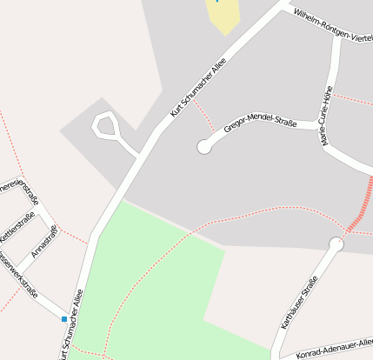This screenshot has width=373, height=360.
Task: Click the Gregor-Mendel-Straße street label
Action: pos(259,123)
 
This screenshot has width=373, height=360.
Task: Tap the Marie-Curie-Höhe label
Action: pos(329,115)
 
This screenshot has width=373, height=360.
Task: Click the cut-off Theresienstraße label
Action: pos(17,187)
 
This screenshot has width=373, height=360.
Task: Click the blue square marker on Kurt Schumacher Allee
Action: pos(63,319)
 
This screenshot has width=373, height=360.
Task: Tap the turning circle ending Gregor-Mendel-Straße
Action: pos(204,147)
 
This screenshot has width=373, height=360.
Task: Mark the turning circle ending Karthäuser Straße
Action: pos(336,244)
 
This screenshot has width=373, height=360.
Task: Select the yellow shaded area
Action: pos(223,14)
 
